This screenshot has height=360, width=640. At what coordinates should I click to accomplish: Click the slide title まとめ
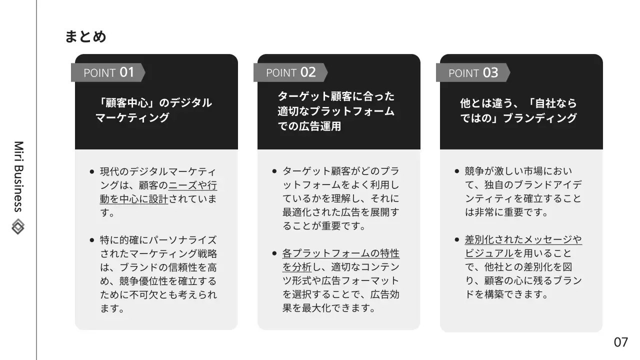click(85, 37)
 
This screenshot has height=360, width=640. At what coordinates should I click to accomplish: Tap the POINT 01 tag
click(108, 72)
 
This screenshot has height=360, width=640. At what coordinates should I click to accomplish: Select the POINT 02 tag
click(290, 72)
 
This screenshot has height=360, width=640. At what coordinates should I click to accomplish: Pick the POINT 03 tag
click(473, 73)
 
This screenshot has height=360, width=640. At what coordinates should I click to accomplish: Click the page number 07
click(620, 342)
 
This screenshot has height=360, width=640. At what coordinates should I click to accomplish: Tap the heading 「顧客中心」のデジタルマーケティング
click(153, 110)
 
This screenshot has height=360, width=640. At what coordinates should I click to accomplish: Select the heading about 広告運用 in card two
click(336, 111)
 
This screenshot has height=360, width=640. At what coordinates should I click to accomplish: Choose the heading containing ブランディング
click(518, 110)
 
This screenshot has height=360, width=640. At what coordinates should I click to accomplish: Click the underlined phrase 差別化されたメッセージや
click(523, 239)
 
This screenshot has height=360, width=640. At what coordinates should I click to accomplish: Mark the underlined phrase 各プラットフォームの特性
click(341, 253)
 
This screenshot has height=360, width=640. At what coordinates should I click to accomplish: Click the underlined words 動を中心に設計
click(134, 199)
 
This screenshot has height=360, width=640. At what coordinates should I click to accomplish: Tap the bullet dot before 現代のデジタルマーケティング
click(91, 171)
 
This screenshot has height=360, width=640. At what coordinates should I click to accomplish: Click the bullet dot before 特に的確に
click(91, 240)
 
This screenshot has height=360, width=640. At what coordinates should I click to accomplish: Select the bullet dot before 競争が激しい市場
click(456, 171)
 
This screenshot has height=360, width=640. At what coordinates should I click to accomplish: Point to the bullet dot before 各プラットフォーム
click(274, 253)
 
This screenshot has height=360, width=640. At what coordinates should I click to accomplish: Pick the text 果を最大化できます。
click(329, 308)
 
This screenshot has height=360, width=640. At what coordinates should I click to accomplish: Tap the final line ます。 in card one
click(111, 308)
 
